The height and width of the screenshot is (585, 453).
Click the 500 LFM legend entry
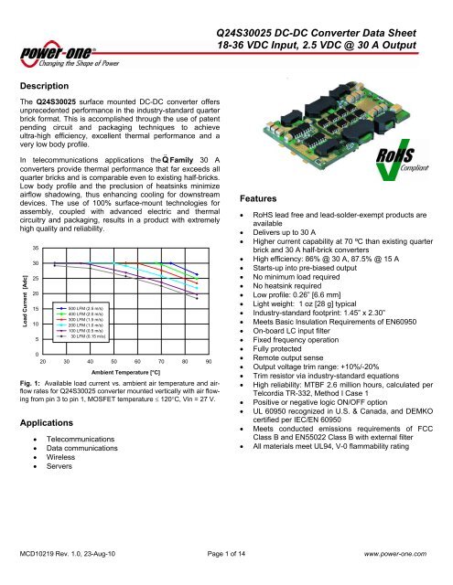83,310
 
